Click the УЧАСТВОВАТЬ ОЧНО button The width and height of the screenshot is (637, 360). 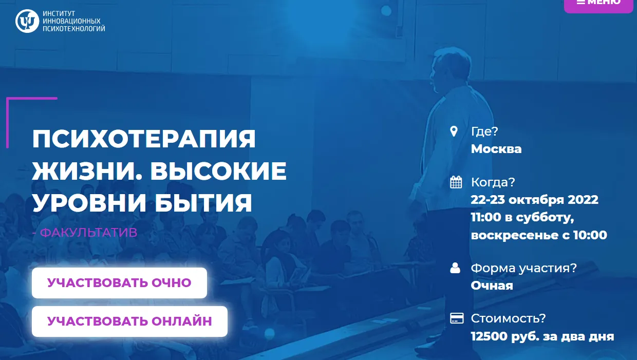[119, 283]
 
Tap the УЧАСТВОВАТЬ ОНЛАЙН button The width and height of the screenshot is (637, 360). [129, 321]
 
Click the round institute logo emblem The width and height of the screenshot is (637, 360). [27, 21]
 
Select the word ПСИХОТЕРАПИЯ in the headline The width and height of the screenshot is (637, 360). [144, 139]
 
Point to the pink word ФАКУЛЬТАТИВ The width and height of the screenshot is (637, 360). [89, 233]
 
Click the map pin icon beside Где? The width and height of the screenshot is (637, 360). [454, 131]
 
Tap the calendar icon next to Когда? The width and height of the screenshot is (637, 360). [456, 182]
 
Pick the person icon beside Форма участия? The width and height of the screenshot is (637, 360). [455, 268]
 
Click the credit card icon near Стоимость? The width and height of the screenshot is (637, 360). [457, 318]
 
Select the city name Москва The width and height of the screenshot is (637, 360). [496, 149]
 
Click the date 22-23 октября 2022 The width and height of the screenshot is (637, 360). [535, 200]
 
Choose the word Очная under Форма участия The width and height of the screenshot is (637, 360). [492, 286]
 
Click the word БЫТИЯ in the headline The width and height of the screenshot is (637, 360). [203, 203]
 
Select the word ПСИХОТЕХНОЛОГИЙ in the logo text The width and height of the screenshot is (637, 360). [74, 28]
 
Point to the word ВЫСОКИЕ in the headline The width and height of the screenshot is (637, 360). [218, 171]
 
